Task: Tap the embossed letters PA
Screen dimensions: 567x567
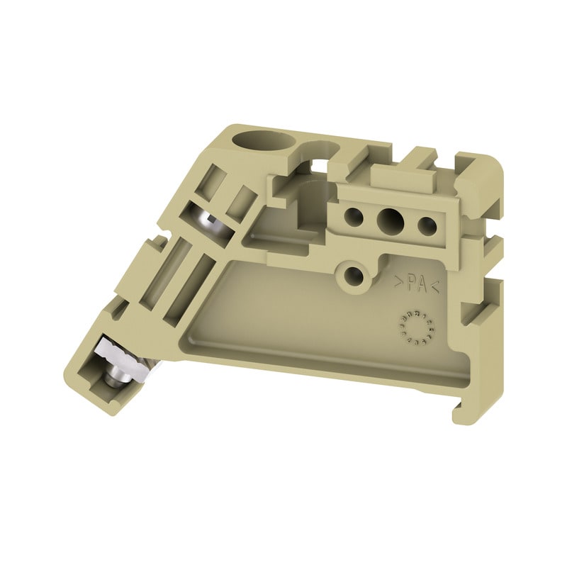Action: tap(417, 283)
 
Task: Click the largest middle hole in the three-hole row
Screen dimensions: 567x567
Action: tap(389, 220)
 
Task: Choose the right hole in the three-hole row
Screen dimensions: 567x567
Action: tap(426, 225)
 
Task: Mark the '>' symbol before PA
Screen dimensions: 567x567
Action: tap(399, 281)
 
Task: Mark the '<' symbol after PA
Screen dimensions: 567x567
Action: tap(435, 286)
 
